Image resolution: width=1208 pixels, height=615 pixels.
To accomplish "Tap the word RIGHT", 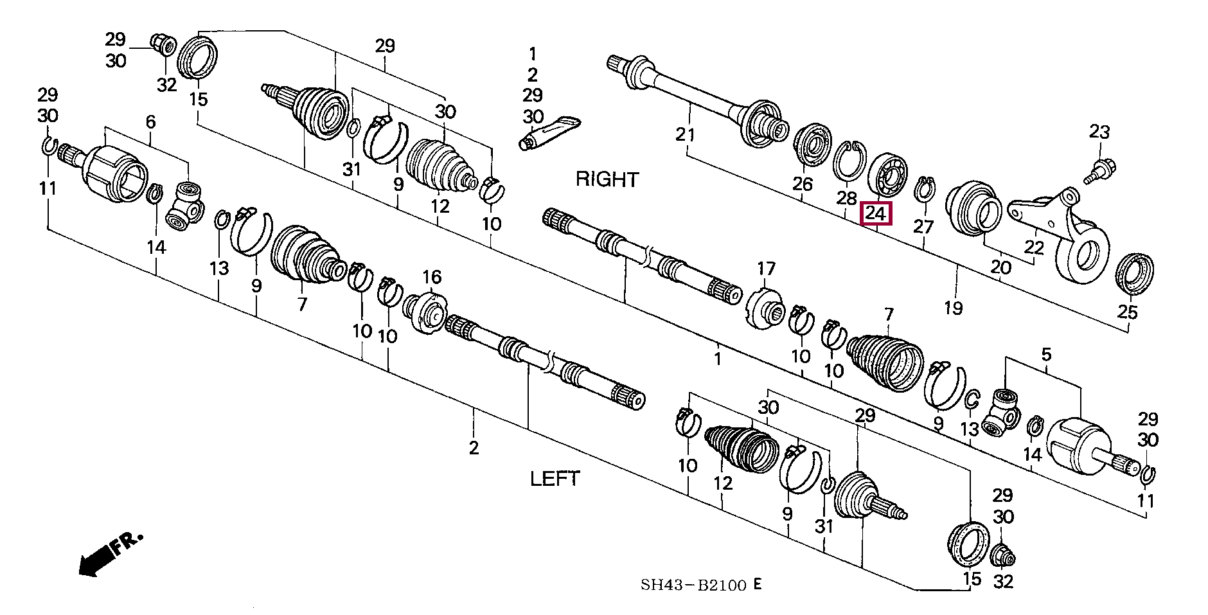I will pyautogui.click(x=607, y=179).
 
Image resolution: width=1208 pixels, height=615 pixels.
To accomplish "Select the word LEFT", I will pyautogui.click(x=555, y=479).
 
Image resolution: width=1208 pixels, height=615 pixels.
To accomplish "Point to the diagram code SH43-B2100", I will pyautogui.click(x=693, y=585).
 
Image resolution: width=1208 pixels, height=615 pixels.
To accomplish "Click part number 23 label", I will pyautogui.click(x=1099, y=132).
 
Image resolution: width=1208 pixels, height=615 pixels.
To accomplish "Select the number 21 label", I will pyautogui.click(x=686, y=135).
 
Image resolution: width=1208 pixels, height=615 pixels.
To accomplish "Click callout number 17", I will pyautogui.click(x=766, y=268).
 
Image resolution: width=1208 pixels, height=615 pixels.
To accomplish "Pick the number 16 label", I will pyautogui.click(x=431, y=277).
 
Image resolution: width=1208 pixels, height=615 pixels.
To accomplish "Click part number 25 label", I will pyautogui.click(x=1127, y=312).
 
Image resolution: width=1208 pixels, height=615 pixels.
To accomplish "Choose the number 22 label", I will pyautogui.click(x=1034, y=247).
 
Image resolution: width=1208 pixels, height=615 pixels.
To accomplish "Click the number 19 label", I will pyautogui.click(x=953, y=308).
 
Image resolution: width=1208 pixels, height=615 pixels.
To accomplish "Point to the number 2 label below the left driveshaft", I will pyautogui.click(x=474, y=447).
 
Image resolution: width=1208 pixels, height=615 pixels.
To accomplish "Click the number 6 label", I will pyautogui.click(x=150, y=121).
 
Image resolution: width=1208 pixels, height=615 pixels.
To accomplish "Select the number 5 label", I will pyautogui.click(x=1046, y=354).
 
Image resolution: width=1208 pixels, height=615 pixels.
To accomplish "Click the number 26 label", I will pyautogui.click(x=802, y=184).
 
